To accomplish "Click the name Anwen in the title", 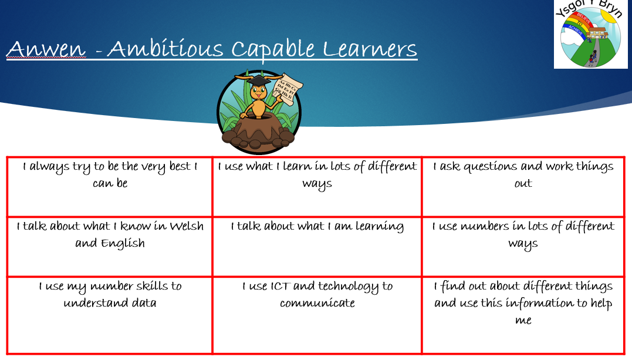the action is click(46, 49).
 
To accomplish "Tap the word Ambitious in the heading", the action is click(165, 49).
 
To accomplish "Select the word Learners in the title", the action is click(370, 49).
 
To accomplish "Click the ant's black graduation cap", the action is click(258, 80).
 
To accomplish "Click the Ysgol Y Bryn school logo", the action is click(590, 34).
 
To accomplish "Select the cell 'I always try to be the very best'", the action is click(110, 187).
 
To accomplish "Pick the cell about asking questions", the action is click(523, 187).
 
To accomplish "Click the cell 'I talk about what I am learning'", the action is click(317, 247).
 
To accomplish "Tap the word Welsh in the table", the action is click(186, 226).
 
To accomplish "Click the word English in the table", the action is click(123, 243).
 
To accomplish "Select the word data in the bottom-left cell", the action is click(141, 302).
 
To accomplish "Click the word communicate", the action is click(317, 303).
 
